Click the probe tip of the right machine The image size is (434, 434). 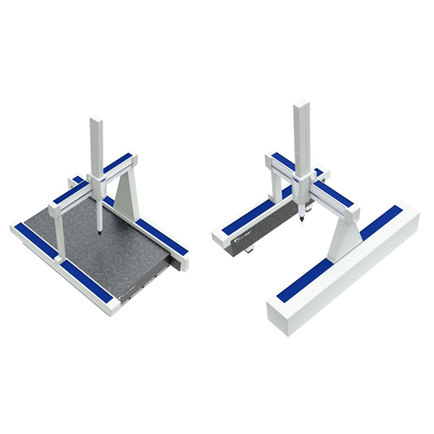pos(301,224)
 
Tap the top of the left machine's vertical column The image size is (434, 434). pos(98,120)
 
